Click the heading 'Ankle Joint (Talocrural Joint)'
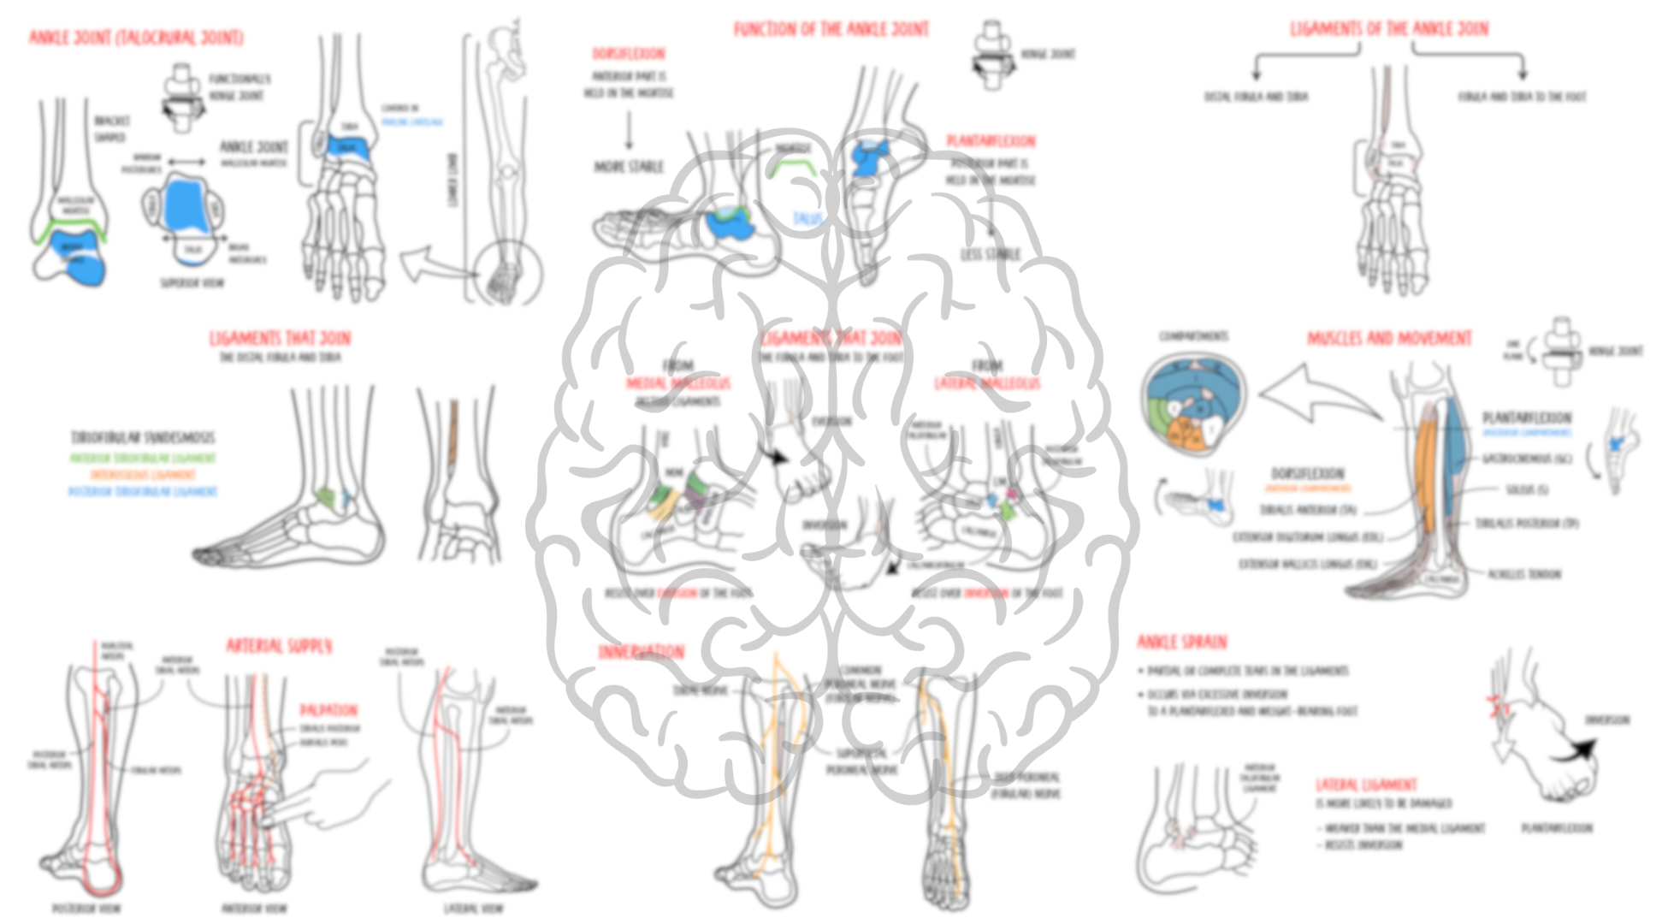point(136,38)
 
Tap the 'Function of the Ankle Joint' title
point(831,29)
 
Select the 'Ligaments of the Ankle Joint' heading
point(1389,29)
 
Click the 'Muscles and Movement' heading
point(1389,339)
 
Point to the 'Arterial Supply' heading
point(279,646)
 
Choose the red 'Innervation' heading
point(641,653)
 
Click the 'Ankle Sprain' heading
point(1181,642)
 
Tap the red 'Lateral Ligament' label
point(1365,785)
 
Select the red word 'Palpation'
point(328,710)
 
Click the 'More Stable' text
point(629,167)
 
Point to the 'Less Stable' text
point(991,254)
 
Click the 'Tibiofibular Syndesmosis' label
point(143,438)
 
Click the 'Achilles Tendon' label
point(1523,574)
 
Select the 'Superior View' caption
point(192,282)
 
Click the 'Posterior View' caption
point(86,908)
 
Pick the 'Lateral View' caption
point(473,908)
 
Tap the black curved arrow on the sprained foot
point(1575,753)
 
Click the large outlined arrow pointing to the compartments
point(1317,394)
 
